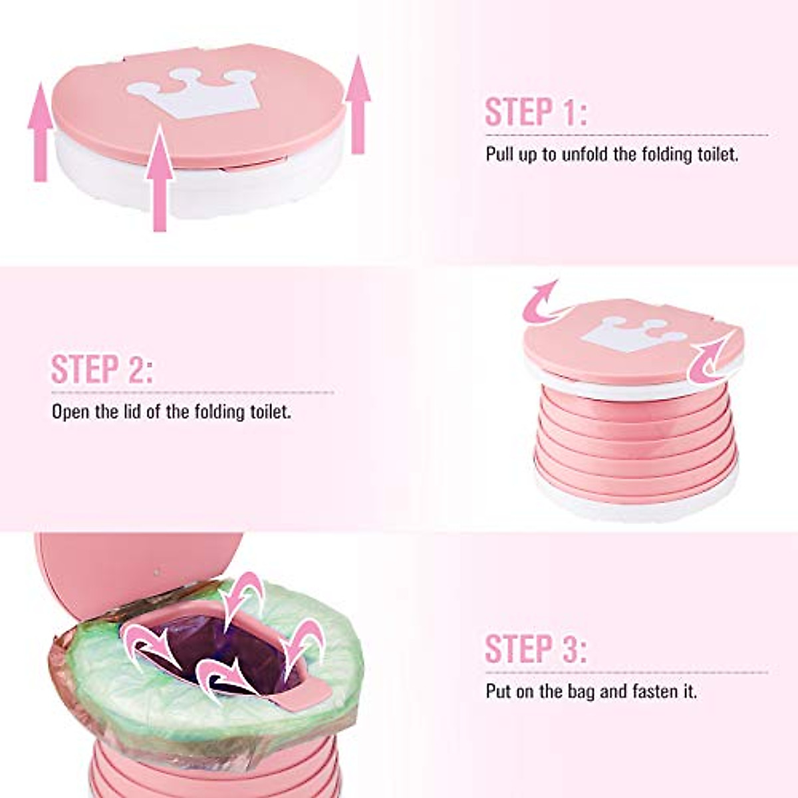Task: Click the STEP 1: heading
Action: coord(535,112)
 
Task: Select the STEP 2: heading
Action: coord(102,370)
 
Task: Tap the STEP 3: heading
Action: coord(535,648)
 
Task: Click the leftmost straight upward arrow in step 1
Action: coord(41,133)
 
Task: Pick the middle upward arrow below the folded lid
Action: coord(160,180)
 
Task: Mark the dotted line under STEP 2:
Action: coord(193,392)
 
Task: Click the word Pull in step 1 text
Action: coord(501,156)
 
